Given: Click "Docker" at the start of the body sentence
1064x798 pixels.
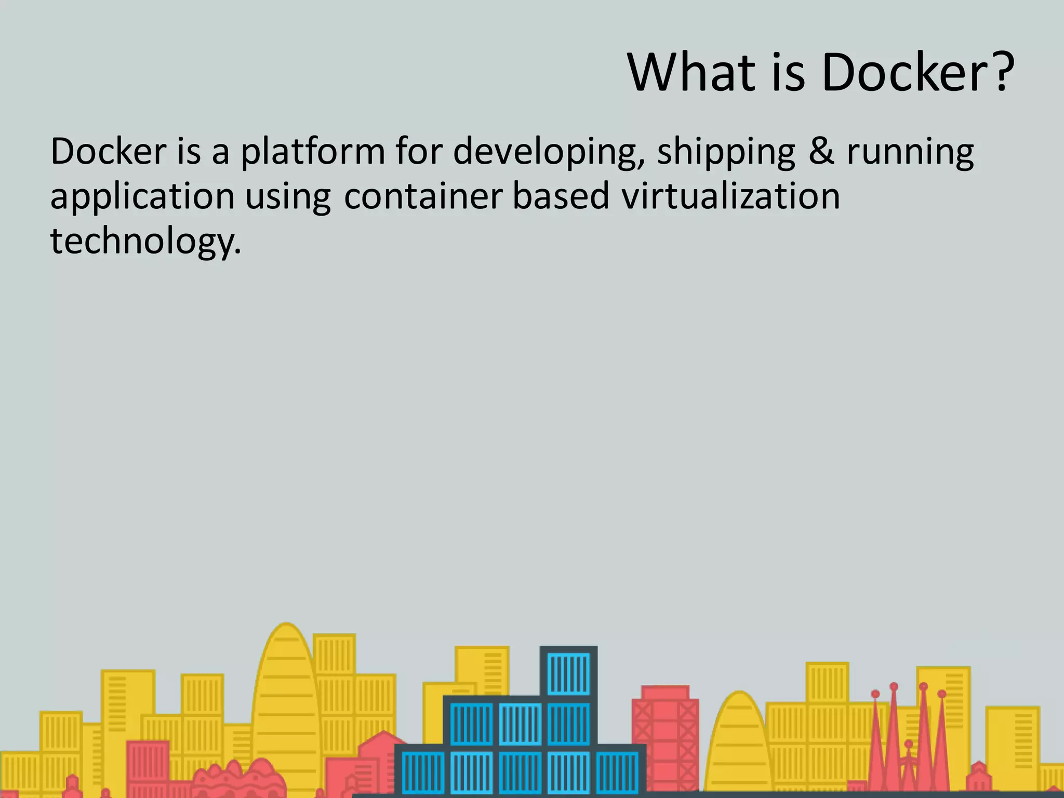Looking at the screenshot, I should (108, 152).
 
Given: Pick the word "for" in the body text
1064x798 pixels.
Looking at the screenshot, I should (419, 152).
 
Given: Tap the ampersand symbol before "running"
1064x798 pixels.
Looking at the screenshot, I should (821, 152).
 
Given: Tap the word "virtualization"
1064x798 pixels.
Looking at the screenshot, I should (730, 196).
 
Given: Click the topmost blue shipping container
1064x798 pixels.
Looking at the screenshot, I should (568, 672).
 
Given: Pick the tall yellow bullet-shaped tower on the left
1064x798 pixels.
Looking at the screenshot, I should (285, 696).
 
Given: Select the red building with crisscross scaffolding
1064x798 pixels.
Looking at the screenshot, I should (665, 738).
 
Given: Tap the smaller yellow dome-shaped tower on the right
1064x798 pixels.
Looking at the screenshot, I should (739, 743).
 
